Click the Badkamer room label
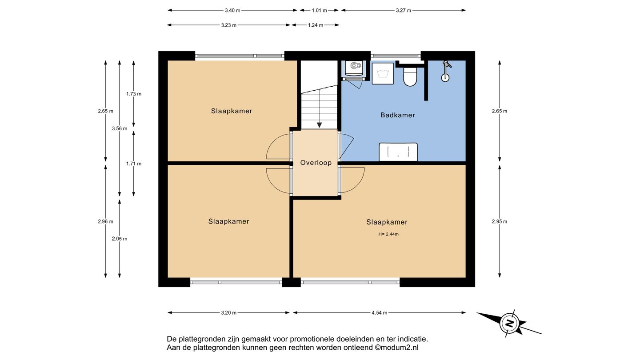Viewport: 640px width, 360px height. (x=397, y=115)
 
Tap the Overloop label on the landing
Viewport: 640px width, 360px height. (x=316, y=163)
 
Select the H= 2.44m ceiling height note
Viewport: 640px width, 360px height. (x=388, y=234)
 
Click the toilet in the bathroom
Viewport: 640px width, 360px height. (x=410, y=77)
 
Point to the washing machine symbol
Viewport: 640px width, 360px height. (x=383, y=73)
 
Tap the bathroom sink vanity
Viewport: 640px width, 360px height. (x=398, y=152)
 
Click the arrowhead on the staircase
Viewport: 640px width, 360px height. (x=320, y=125)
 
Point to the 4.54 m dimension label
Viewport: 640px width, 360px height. (x=380, y=313)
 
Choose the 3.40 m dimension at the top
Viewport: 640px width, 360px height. (x=232, y=11)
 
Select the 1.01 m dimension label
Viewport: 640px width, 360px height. (x=319, y=11)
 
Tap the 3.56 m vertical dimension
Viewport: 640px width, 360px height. (x=120, y=129)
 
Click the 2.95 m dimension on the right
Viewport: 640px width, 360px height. (x=500, y=221)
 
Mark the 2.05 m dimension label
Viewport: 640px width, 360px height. (x=120, y=239)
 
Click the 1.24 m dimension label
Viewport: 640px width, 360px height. (x=316, y=25)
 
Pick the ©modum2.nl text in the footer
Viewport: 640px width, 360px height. (x=396, y=348)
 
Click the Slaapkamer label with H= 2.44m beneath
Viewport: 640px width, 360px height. (x=387, y=222)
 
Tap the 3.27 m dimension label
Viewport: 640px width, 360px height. (x=404, y=11)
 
